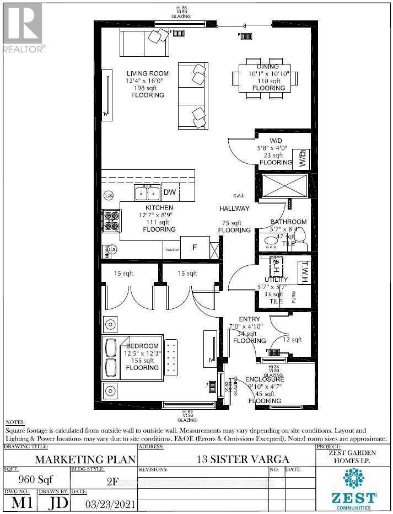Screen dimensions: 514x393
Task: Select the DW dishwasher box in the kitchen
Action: [169, 192]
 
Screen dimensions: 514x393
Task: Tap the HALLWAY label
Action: [234, 208]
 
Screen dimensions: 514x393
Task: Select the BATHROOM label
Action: [288, 222]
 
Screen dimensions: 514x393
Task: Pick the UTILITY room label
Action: [276, 280]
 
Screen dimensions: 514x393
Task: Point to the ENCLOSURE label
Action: [265, 379]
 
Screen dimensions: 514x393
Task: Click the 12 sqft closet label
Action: [292, 340]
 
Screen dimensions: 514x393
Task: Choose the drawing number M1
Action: [19, 503]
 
